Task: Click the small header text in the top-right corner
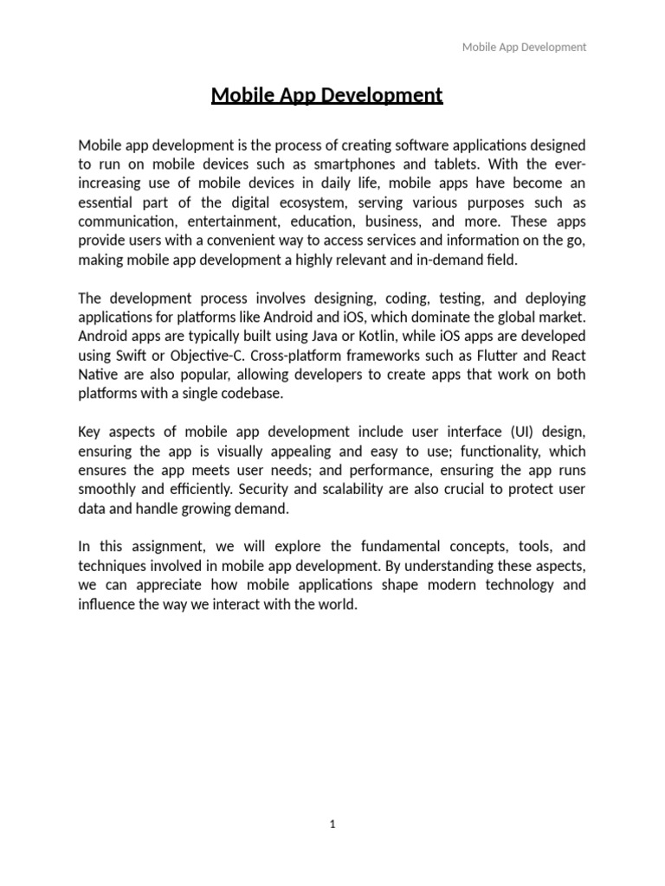[x=523, y=48]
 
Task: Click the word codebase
[x=255, y=393]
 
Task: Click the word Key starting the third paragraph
[x=89, y=432]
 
